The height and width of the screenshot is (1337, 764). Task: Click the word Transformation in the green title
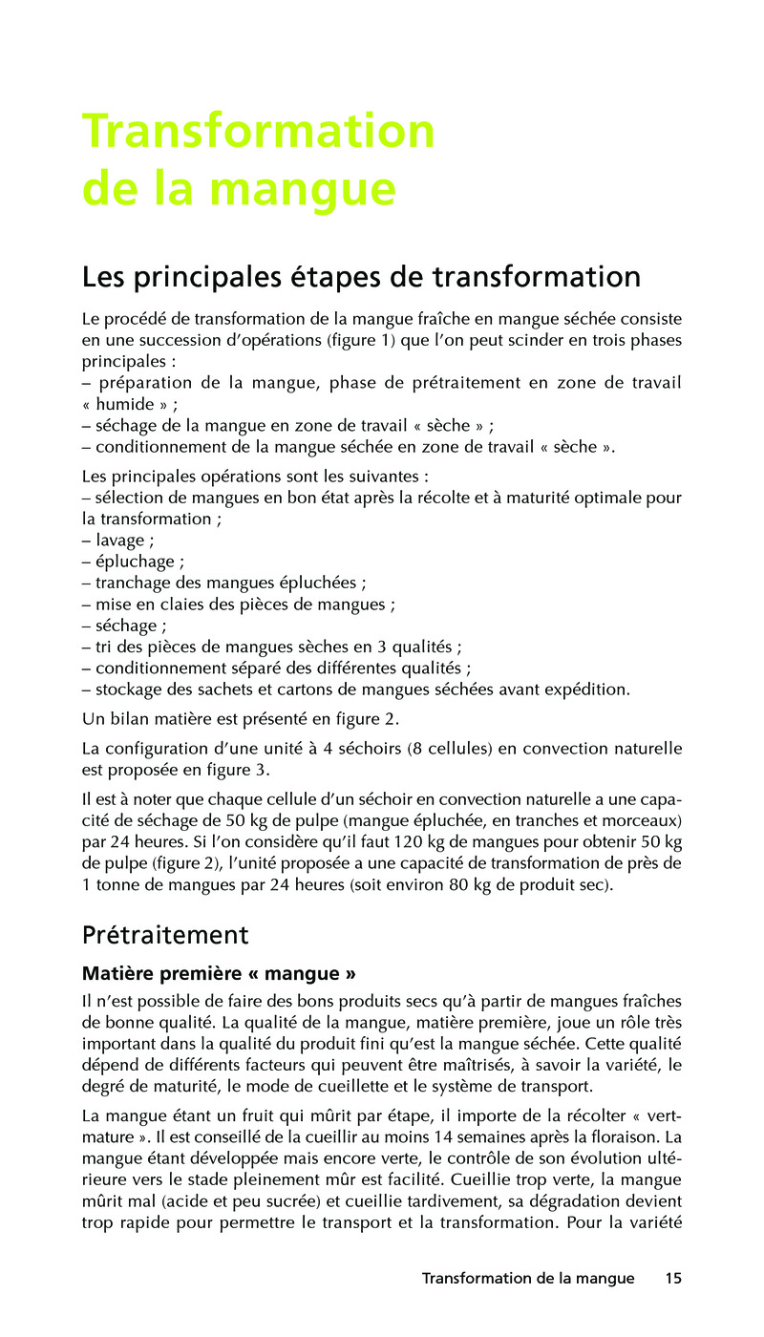258,132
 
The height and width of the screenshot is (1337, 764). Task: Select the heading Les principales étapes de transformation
361,277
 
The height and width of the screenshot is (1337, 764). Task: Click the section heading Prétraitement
165,934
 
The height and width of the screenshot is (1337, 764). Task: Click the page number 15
673,1278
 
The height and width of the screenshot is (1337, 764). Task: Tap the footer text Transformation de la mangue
528,1278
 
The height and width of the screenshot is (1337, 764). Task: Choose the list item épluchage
134,562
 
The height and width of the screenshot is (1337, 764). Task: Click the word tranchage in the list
131,583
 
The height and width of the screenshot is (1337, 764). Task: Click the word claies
171,605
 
